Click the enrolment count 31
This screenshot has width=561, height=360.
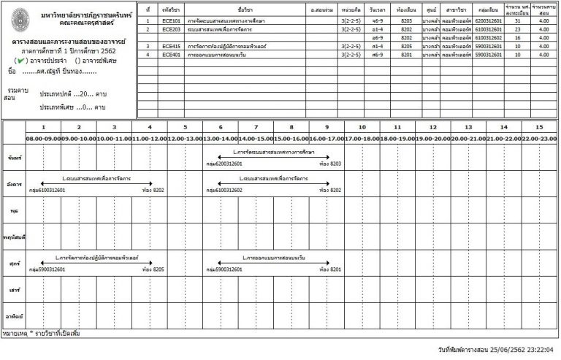[517, 23]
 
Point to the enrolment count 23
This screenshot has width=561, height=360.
[517, 30]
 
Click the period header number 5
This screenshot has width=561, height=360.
[185, 127]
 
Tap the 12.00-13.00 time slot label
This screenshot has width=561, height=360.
[185, 138]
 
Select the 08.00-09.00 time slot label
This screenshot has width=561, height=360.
[43, 138]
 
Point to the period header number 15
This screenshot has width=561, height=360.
[540, 127]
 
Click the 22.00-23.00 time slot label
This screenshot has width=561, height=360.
[540, 138]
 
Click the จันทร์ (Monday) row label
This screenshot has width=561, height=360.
[13, 158]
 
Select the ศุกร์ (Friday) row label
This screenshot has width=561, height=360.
[12, 260]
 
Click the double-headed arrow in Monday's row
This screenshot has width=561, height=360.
[274, 157]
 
